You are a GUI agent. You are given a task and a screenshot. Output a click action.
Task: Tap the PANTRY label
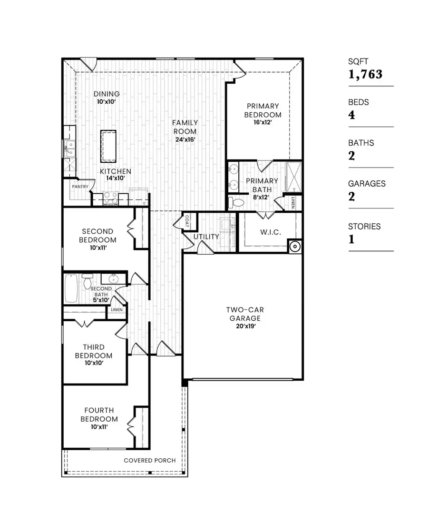coord(80,187)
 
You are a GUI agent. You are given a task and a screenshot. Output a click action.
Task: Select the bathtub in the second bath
coord(71,288)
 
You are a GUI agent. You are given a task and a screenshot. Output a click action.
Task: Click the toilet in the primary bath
coord(235,203)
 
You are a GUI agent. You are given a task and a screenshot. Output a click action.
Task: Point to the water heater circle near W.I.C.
coord(295,247)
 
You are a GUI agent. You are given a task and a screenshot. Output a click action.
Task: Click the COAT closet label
coord(187,220)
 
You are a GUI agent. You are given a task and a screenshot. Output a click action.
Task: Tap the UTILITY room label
coord(206,237)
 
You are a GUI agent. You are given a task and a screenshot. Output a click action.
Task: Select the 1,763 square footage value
coord(365,74)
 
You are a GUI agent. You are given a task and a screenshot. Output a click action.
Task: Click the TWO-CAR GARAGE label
coord(243,314)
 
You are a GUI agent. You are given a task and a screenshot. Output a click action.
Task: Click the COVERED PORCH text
coord(149,460)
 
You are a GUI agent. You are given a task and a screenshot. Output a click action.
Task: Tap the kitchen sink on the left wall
coord(69,148)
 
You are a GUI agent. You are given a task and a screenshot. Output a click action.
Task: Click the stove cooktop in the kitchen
coord(110,198)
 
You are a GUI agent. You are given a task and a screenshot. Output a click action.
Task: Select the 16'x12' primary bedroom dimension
coord(263,122)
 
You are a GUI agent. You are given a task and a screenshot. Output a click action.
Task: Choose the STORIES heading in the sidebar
coord(364,227)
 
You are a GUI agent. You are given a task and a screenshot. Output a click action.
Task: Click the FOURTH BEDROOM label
coord(99,415)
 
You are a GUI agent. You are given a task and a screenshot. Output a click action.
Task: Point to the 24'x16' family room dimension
coord(185,139)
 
